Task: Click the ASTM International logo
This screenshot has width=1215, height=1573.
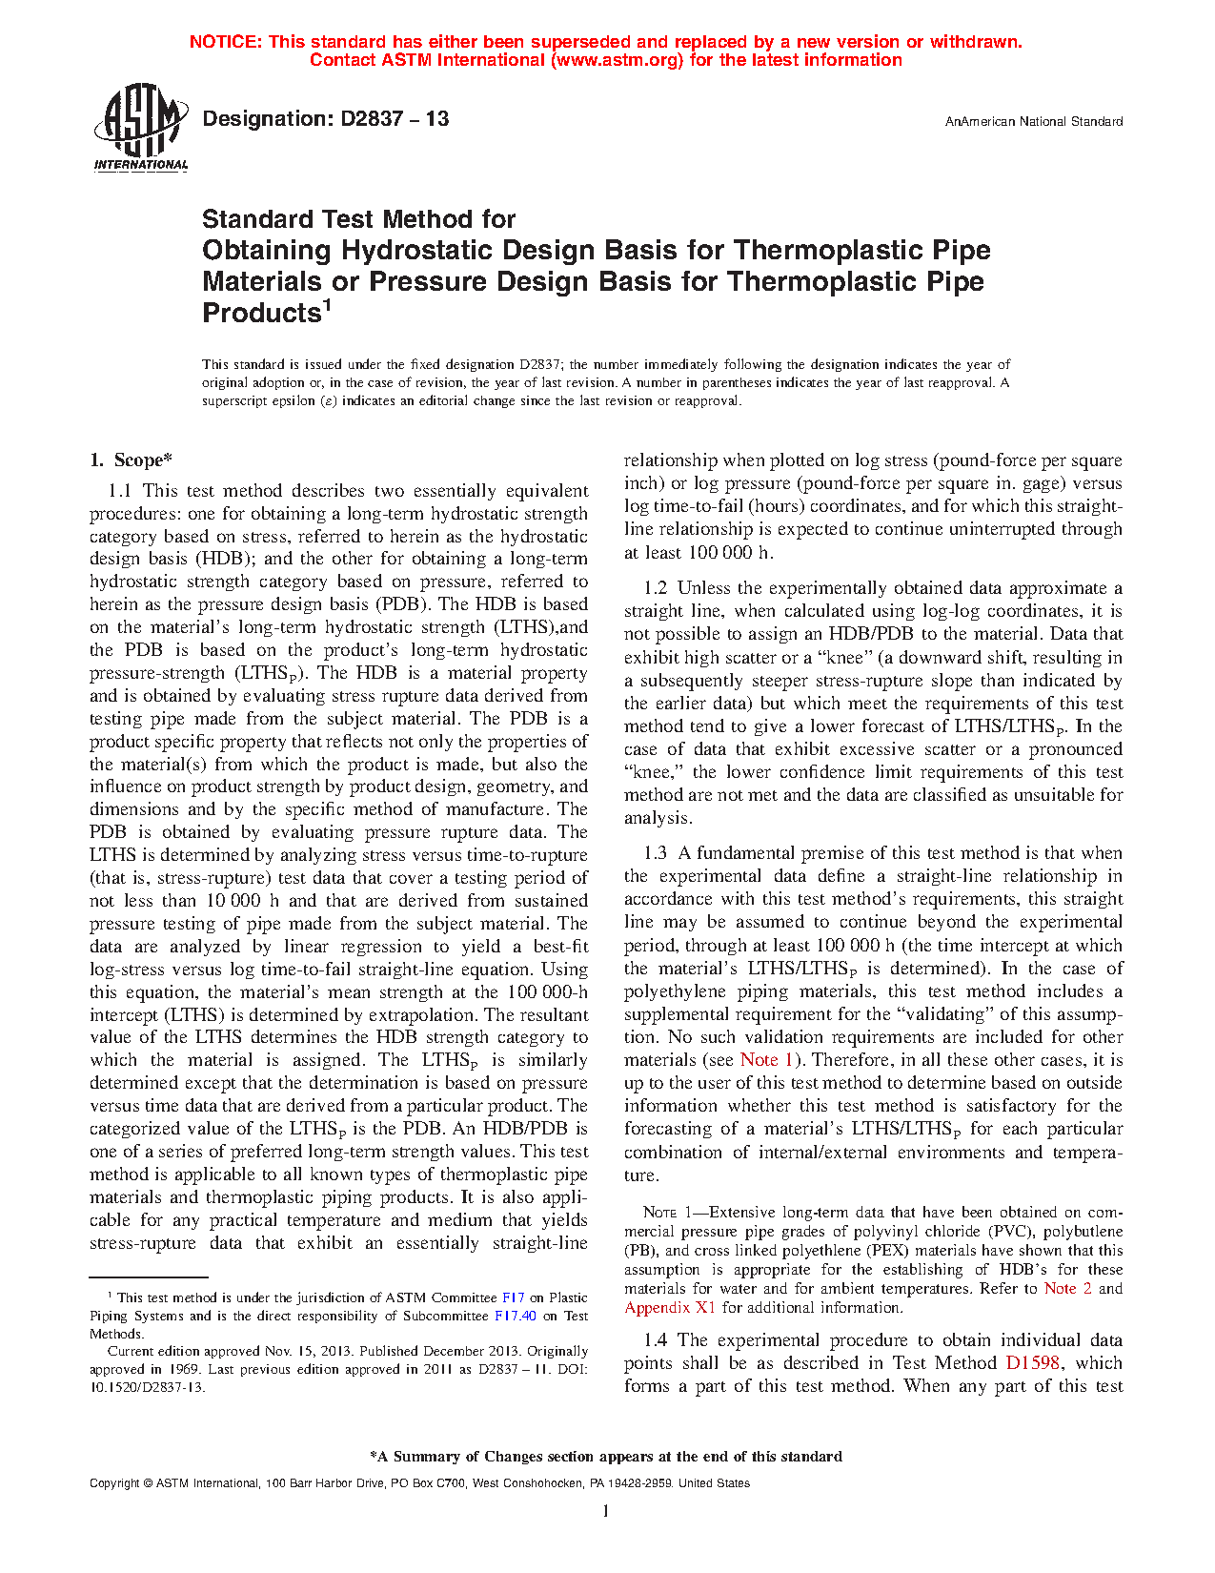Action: (x=141, y=126)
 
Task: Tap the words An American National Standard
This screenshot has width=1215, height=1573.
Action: (x=1033, y=122)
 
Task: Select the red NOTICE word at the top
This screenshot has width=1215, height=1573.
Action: (x=225, y=42)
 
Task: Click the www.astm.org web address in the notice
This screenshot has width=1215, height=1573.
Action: (x=617, y=60)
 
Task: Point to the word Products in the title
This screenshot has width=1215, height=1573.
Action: (x=260, y=313)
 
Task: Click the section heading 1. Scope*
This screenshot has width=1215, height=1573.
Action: (x=131, y=460)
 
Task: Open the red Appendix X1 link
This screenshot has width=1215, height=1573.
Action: (x=669, y=1308)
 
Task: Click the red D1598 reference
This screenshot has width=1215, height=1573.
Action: (x=1033, y=1363)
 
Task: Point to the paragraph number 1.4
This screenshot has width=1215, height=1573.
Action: (x=655, y=1340)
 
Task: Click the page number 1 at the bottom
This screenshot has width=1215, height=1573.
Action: (x=606, y=1511)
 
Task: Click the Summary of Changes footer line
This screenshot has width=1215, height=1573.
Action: (x=606, y=1457)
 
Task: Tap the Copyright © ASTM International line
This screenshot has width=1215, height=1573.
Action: (x=419, y=1483)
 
